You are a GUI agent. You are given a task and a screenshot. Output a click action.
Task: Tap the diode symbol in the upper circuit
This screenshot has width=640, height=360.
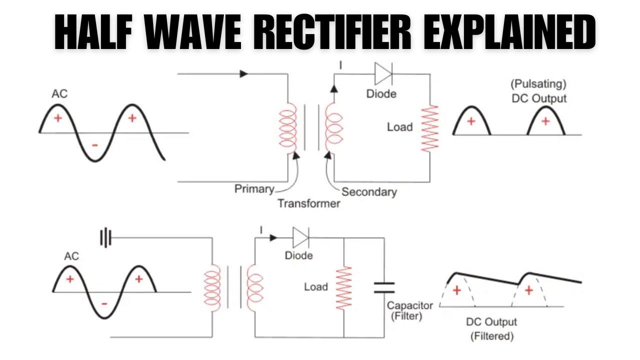click(x=383, y=74)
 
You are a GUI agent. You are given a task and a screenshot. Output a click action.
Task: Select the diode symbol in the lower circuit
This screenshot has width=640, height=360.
click(x=301, y=237)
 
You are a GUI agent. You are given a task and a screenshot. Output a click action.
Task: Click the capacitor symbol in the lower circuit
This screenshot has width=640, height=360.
click(x=384, y=287)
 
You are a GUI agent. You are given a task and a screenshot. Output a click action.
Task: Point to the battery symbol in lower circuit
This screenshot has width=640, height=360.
click(x=105, y=238)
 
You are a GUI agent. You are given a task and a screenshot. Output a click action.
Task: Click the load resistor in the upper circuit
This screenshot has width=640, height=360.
click(x=429, y=128)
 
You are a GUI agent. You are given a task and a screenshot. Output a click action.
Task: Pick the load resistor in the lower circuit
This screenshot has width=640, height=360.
click(x=343, y=288)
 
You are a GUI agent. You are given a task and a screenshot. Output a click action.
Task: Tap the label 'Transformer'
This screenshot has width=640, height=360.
click(x=308, y=203)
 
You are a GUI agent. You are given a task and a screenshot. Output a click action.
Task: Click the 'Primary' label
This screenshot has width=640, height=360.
click(x=254, y=189)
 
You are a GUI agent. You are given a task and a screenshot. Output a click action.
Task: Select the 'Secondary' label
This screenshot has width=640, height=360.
click(x=369, y=191)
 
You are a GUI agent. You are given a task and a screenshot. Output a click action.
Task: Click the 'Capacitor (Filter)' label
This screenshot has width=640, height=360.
click(x=410, y=310)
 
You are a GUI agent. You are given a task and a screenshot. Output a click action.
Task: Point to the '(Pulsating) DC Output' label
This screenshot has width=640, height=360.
click(x=538, y=91)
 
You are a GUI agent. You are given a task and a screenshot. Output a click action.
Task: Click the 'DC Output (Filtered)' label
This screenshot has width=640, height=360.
click(x=491, y=328)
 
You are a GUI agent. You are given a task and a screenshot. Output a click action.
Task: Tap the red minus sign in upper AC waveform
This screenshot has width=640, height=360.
click(x=95, y=145)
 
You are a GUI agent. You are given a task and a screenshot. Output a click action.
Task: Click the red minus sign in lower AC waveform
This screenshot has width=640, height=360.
click(x=104, y=303)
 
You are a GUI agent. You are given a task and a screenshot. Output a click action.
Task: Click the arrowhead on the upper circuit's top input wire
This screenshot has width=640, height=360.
click(x=243, y=74)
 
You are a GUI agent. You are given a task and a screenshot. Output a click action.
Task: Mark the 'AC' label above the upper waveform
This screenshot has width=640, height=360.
click(x=59, y=94)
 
